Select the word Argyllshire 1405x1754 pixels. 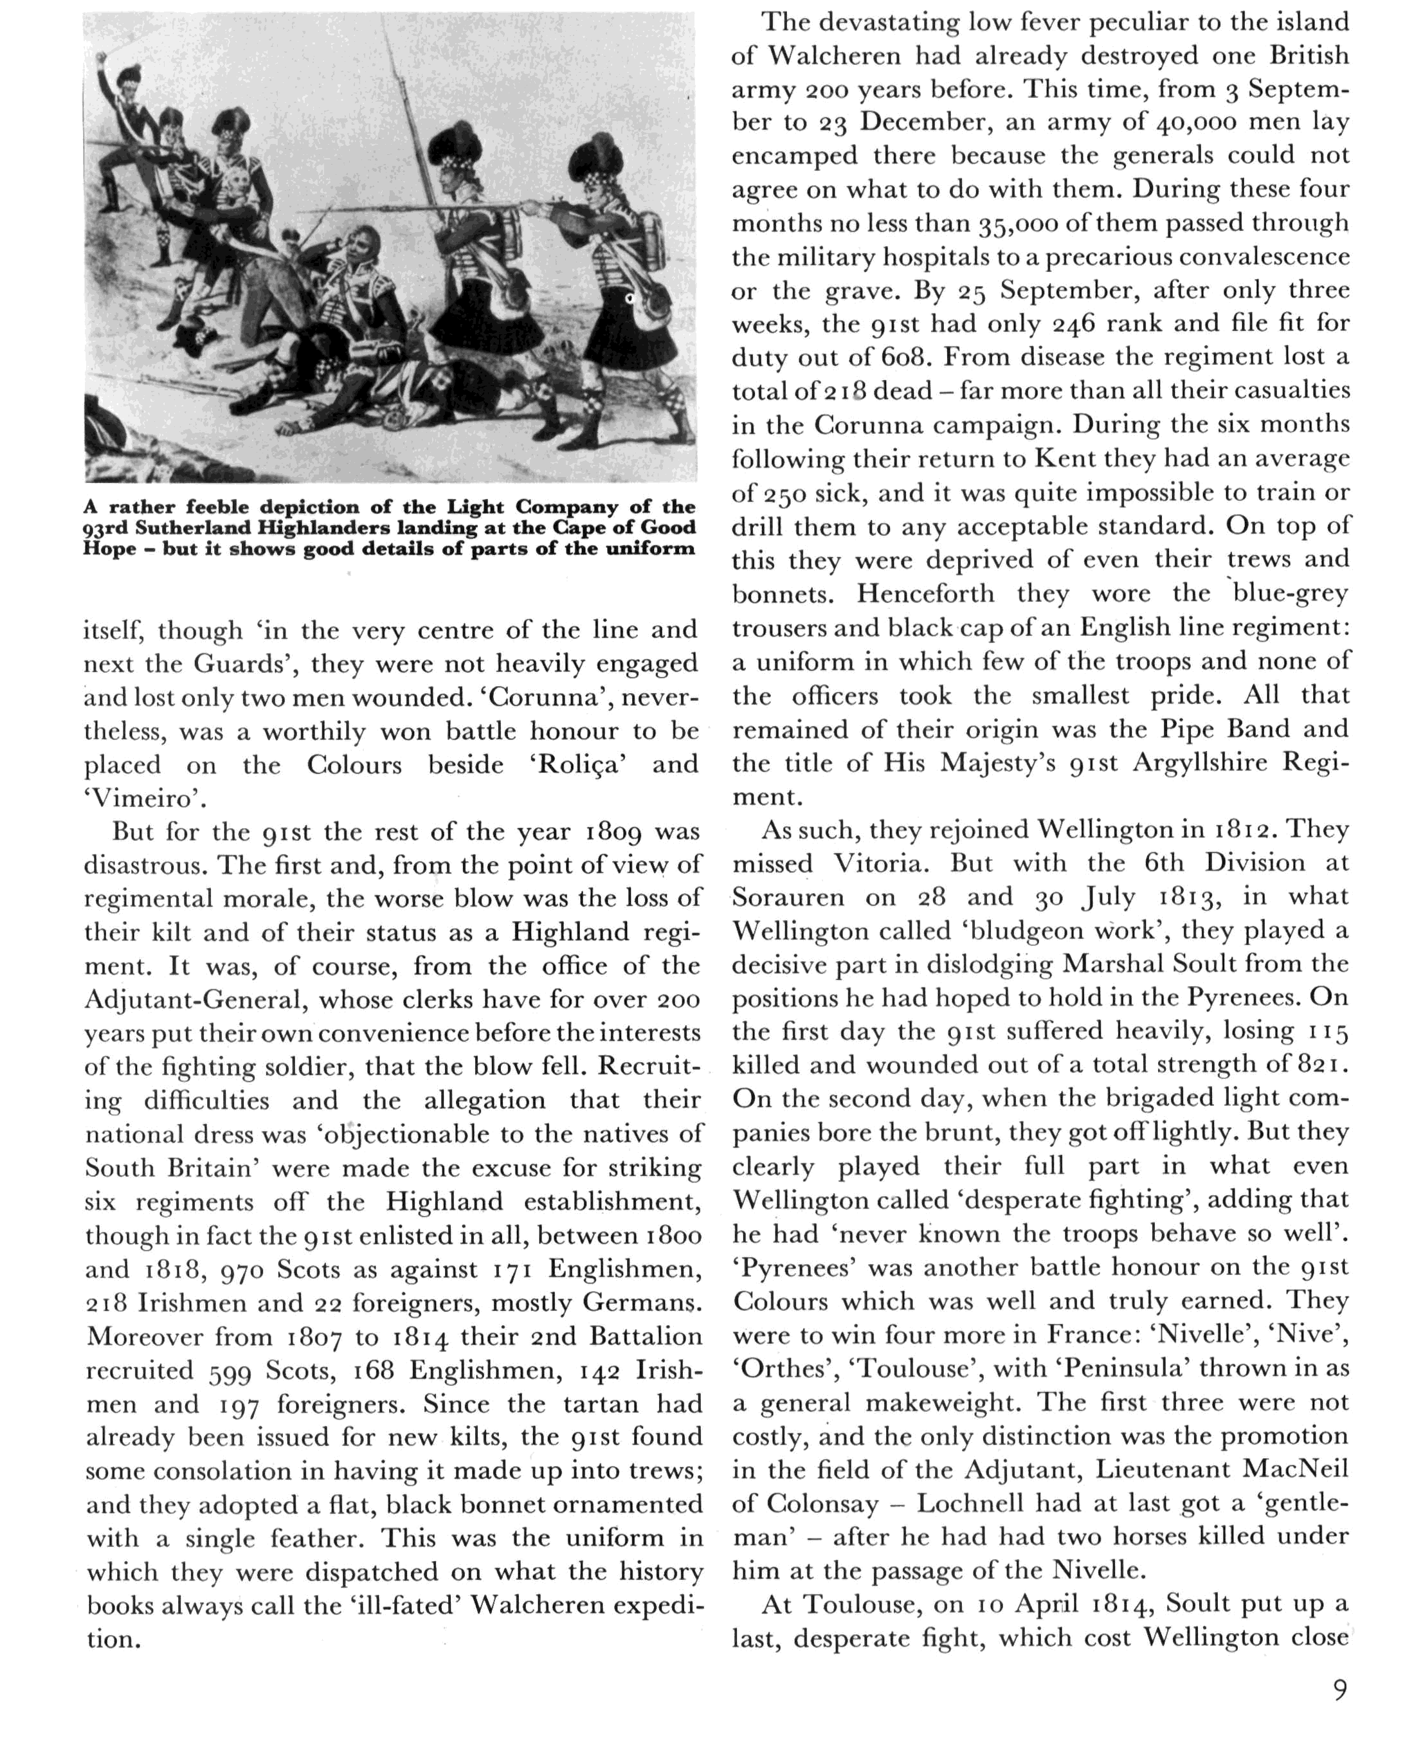1199,763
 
